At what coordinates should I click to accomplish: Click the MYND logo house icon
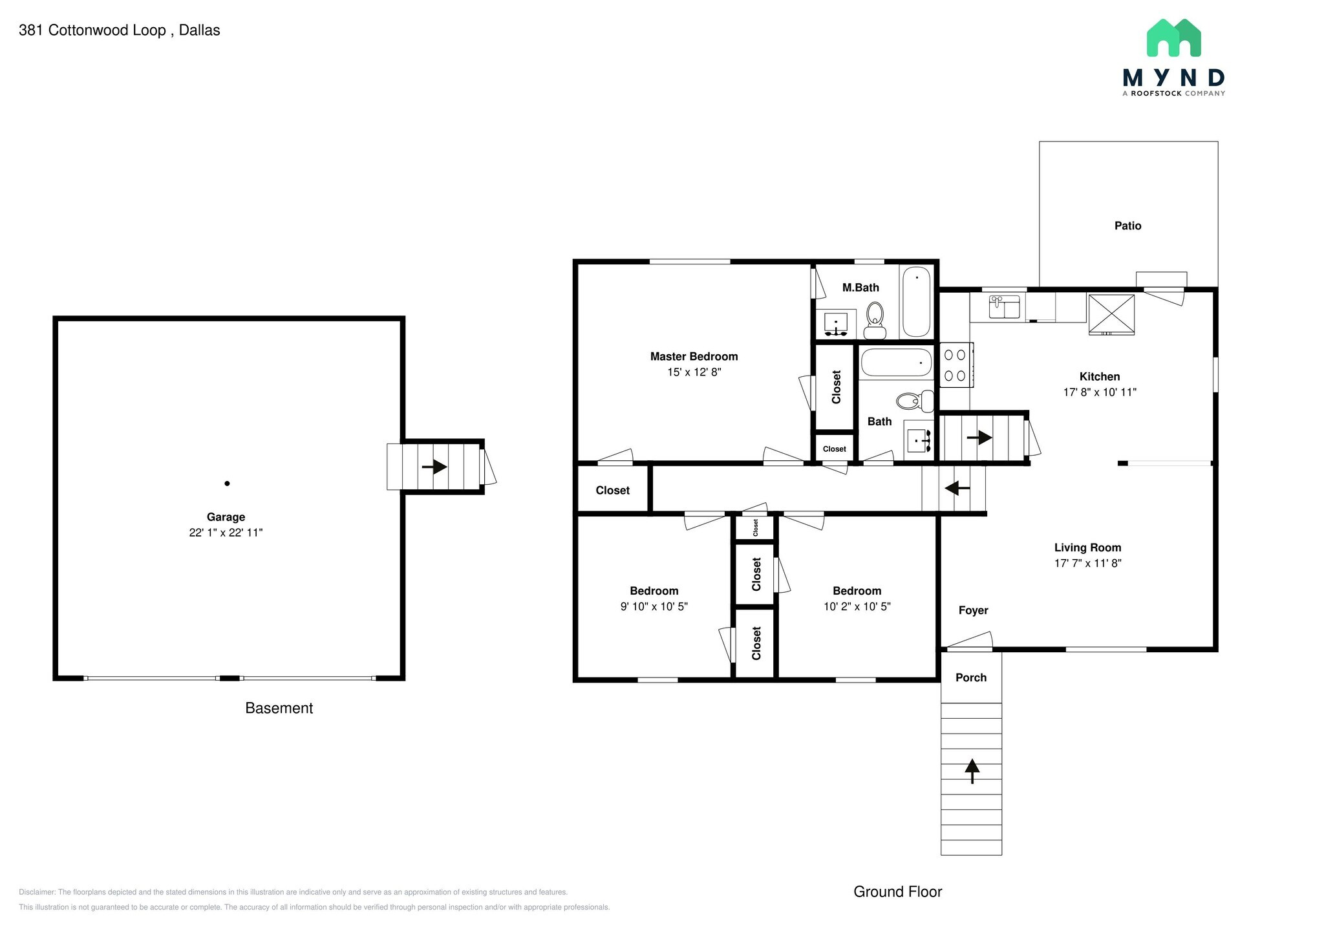[1173, 38]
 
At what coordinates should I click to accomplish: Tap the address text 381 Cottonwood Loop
[92, 30]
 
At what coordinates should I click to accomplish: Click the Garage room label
[226, 517]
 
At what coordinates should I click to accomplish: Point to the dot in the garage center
[227, 484]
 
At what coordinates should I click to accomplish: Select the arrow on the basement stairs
[434, 466]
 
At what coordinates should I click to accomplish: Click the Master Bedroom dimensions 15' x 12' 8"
[694, 372]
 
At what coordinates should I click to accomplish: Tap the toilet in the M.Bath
[875, 319]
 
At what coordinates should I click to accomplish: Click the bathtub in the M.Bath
[916, 302]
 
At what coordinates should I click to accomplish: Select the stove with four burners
[955, 365]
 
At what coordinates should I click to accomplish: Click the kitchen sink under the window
[1004, 307]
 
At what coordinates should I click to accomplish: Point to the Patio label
[1127, 226]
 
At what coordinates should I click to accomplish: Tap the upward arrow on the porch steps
[972, 769]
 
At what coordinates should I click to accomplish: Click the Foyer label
[973, 610]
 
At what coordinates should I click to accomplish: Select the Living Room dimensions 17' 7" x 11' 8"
[1087, 563]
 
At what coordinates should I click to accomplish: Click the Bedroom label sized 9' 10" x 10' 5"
[654, 591]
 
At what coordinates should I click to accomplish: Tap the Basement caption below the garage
[279, 708]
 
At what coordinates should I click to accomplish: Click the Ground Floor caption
[897, 891]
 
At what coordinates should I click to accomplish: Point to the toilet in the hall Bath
[914, 401]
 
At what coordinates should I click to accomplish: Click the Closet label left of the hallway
[612, 491]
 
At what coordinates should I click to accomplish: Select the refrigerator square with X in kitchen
[1111, 314]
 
